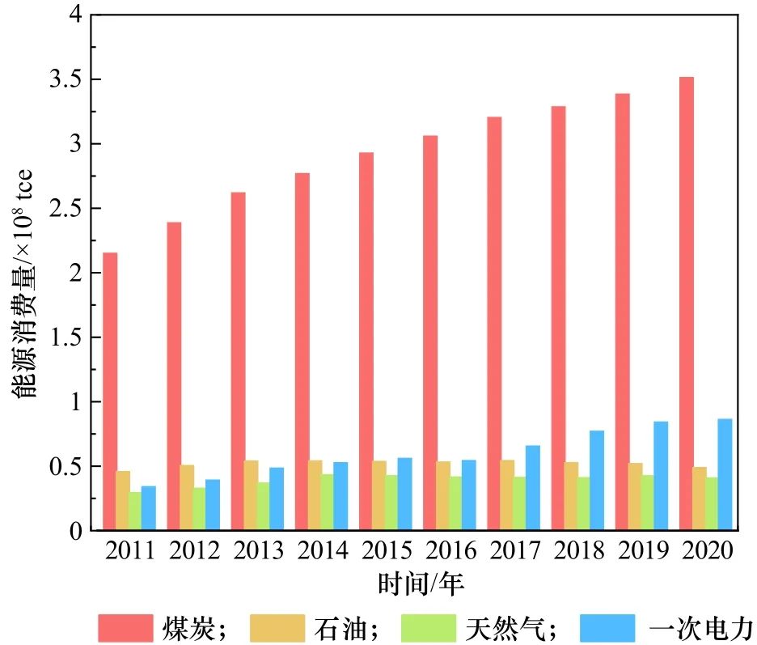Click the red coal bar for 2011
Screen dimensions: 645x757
pos(109,392)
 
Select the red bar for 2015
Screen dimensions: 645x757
pos(366,341)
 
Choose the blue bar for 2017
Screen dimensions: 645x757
pos(532,488)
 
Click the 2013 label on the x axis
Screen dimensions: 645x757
pos(258,552)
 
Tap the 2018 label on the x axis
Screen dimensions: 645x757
pos(578,552)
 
